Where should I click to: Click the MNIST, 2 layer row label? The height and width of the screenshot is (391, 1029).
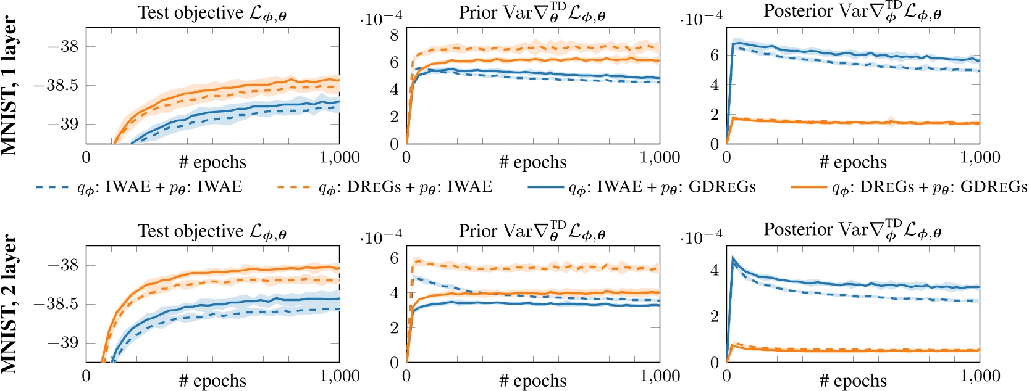(x=10, y=303)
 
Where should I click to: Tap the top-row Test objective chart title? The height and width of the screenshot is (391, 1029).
(x=212, y=13)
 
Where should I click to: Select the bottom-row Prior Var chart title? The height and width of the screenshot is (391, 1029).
(x=532, y=231)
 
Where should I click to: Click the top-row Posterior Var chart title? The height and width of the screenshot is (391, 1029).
(x=852, y=12)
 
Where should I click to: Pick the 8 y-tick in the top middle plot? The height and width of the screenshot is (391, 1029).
(x=393, y=35)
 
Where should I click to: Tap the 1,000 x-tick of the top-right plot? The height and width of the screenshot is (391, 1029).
(x=980, y=157)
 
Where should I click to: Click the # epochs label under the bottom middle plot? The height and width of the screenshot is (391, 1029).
(x=532, y=381)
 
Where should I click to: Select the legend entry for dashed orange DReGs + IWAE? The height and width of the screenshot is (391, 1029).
(x=405, y=187)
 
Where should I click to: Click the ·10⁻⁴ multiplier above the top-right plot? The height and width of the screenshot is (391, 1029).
(x=702, y=19)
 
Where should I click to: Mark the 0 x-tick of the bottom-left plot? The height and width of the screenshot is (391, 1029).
(x=86, y=376)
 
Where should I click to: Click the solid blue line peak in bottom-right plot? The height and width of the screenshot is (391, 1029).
(x=733, y=258)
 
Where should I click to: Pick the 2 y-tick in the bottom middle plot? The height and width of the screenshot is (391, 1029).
(x=393, y=327)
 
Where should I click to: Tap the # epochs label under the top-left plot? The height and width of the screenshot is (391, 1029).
(x=212, y=163)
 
